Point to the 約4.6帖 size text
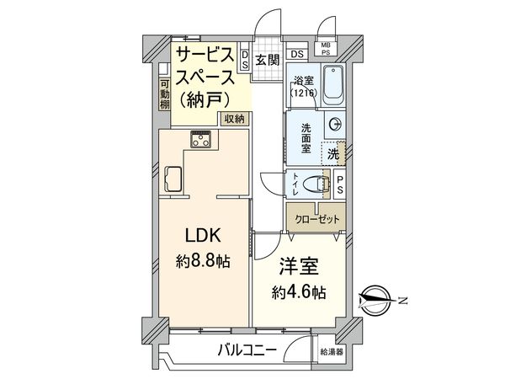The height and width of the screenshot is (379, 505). [299, 292]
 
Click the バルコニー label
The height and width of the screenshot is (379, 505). [250, 349]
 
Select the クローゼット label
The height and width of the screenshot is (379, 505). [317, 218]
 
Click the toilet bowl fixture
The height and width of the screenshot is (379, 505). [316, 184]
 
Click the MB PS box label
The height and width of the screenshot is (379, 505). [325, 49]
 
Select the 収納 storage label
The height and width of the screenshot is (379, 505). [234, 119]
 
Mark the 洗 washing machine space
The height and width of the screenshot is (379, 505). [333, 155]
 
